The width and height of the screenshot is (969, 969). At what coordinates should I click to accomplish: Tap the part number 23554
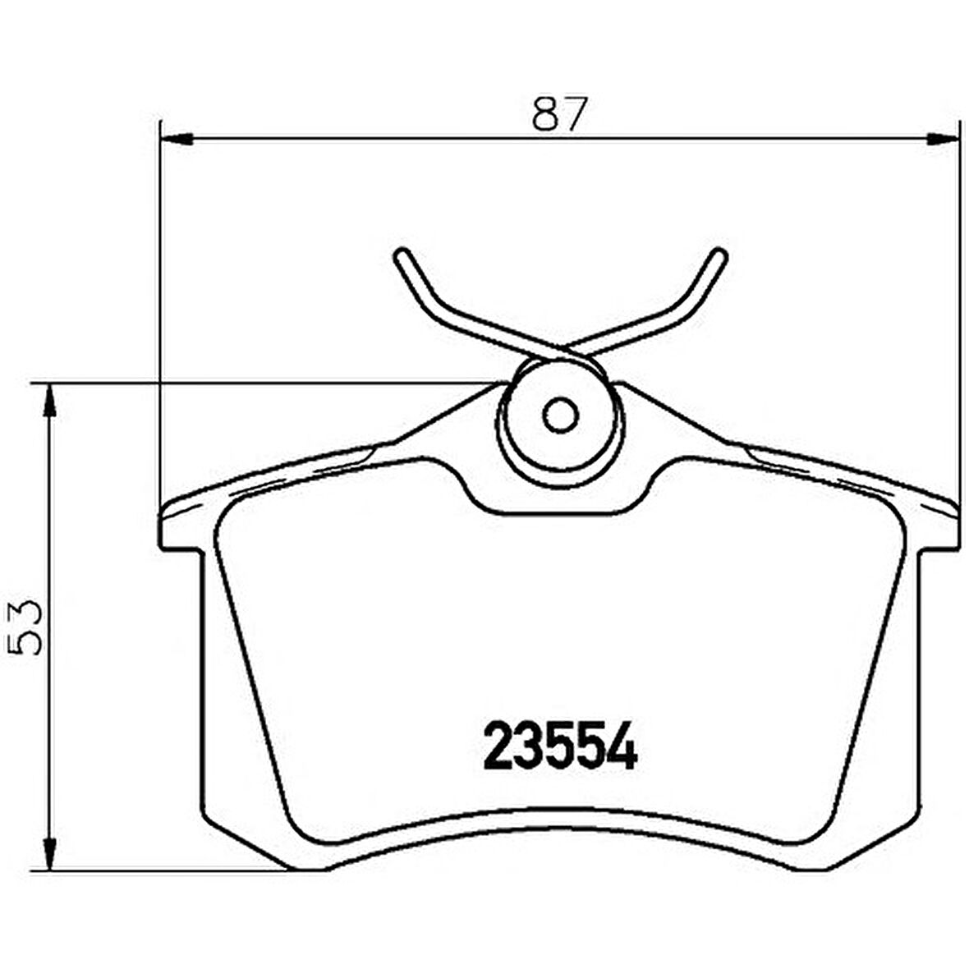tap(560, 746)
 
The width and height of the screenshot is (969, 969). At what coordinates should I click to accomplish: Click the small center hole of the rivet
tap(562, 416)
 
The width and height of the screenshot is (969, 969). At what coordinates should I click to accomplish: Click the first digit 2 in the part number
tap(497, 746)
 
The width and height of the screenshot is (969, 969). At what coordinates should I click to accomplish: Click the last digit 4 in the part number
tap(623, 746)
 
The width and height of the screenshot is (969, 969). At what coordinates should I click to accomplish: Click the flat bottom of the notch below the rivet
tap(561, 513)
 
